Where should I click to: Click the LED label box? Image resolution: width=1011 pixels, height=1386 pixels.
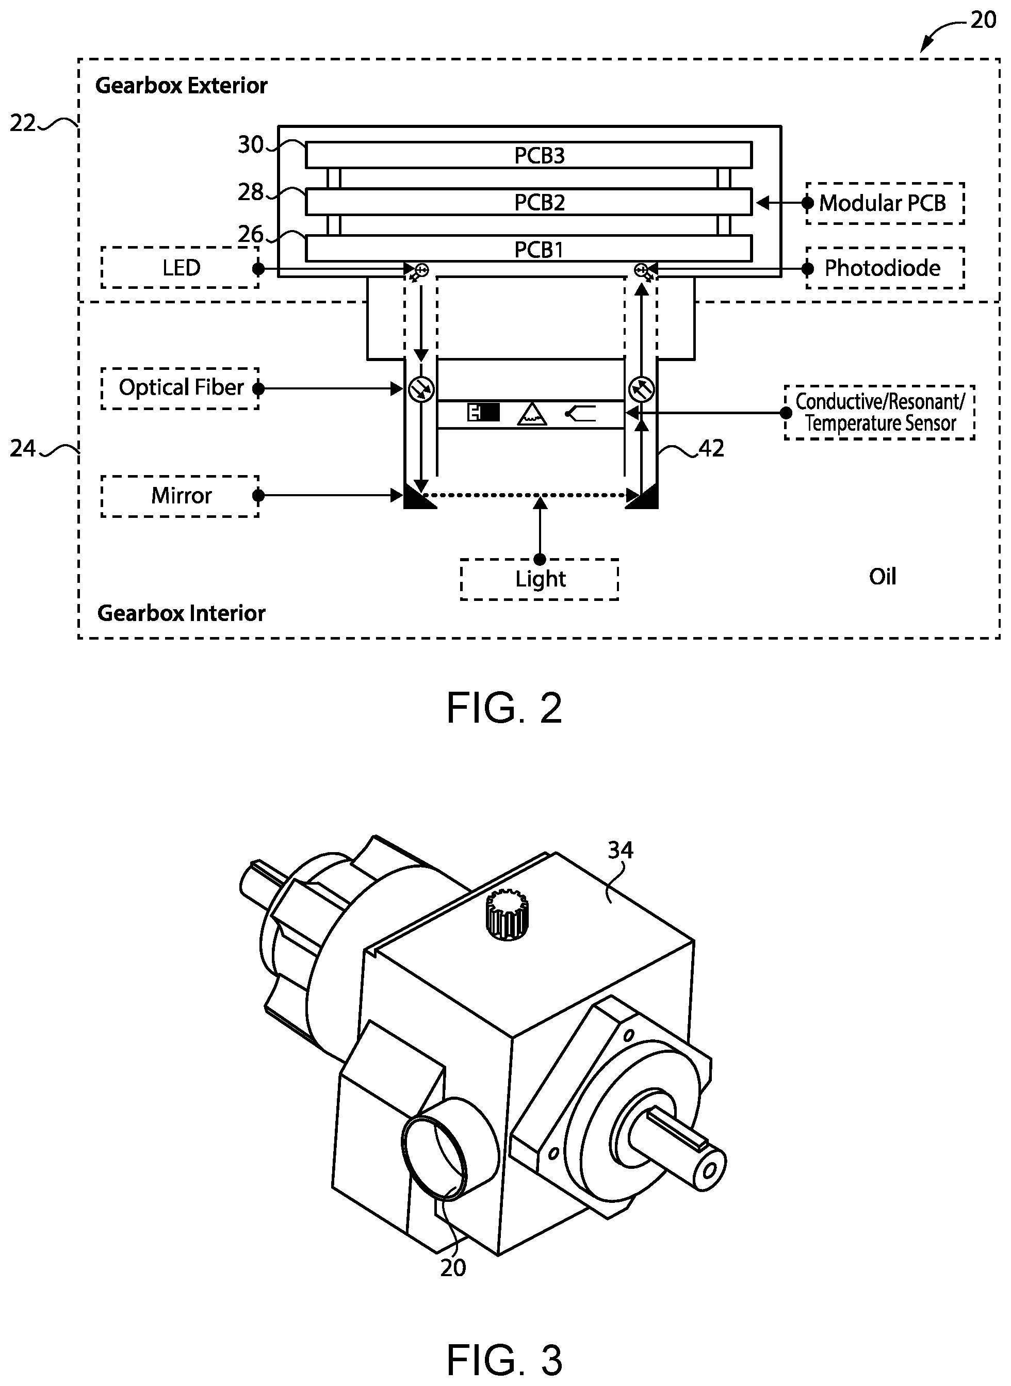click(x=180, y=267)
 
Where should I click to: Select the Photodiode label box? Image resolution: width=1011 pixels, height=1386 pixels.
click(x=885, y=268)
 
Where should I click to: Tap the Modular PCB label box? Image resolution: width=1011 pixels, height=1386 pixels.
click(x=885, y=203)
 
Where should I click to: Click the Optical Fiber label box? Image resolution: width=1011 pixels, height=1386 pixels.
click(x=180, y=388)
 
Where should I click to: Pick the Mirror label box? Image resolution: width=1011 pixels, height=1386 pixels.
click(x=180, y=496)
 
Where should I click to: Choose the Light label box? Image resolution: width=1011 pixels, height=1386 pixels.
click(x=539, y=579)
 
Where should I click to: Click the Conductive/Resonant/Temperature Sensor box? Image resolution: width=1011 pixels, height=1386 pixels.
click(x=879, y=413)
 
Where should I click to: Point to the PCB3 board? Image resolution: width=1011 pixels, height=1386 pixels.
click(x=529, y=155)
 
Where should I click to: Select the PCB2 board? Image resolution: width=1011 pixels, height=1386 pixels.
click(x=529, y=202)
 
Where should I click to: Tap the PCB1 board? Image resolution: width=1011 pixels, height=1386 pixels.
click(x=529, y=249)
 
